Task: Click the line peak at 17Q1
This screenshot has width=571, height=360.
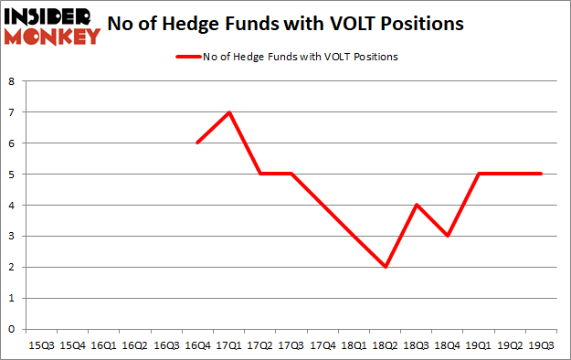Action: [228, 112]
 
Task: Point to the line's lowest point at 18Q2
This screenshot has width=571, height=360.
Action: [386, 267]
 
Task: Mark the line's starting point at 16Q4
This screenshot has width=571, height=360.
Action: [197, 143]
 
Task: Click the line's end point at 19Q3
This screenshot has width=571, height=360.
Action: [542, 174]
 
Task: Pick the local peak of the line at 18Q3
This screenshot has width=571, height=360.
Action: [417, 205]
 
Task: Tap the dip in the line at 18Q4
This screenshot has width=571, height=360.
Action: [448, 236]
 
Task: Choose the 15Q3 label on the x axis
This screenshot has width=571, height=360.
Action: [40, 346]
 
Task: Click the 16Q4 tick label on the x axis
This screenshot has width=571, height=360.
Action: [197, 346]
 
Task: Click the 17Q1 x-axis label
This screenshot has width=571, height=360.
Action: [228, 346]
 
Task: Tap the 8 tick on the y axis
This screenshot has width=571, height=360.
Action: [12, 81]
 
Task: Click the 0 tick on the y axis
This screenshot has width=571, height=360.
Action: [12, 329]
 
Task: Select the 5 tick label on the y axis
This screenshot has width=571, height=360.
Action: [12, 174]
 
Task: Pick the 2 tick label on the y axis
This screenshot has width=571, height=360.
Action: [12, 267]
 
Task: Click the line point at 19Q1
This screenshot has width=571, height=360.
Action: [480, 174]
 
